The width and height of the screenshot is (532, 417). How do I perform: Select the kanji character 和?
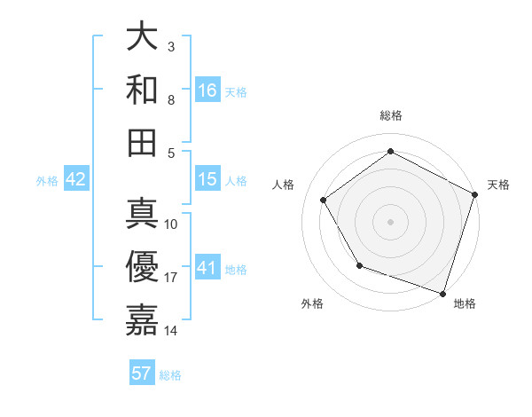(142, 90)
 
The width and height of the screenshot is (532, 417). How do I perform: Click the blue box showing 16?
(207, 90)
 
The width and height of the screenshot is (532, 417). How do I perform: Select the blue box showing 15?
(207, 179)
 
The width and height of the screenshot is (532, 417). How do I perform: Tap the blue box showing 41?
(207, 267)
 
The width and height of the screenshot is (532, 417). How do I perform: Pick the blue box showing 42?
(76, 179)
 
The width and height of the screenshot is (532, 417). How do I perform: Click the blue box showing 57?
(142, 374)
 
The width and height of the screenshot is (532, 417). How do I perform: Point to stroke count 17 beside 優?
(171, 278)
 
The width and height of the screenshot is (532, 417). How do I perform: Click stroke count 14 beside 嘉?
(171, 331)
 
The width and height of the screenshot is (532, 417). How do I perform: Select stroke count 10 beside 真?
(171, 224)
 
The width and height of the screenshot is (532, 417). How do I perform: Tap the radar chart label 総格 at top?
(391, 115)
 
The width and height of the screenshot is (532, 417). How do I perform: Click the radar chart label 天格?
(498, 185)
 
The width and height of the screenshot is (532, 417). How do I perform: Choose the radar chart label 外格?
(312, 304)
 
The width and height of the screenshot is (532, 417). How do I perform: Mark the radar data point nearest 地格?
(442, 293)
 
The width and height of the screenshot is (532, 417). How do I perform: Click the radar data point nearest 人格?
(324, 200)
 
